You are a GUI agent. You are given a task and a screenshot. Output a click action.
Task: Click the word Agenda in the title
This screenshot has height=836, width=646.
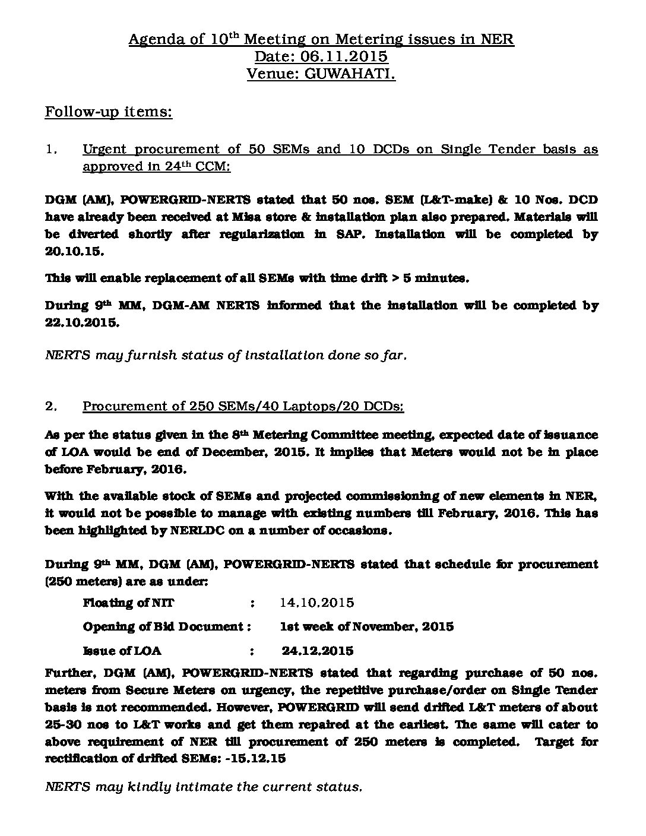(150, 40)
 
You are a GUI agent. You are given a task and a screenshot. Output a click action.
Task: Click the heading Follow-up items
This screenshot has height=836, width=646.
(109, 112)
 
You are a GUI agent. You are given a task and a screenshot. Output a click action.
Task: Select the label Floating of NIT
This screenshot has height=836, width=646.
(128, 603)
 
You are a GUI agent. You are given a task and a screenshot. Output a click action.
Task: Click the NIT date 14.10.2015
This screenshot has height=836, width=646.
(317, 603)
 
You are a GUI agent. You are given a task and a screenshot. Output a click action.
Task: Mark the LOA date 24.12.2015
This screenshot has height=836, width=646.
(318, 650)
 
